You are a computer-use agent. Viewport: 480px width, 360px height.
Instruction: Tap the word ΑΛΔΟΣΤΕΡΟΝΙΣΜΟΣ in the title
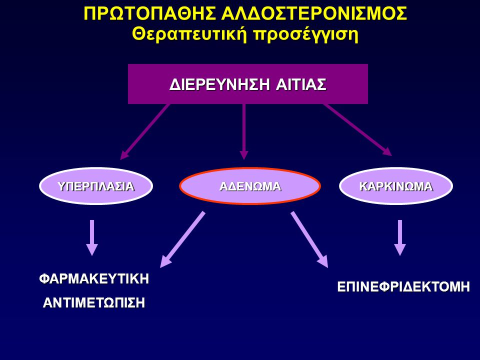[x=314, y=13]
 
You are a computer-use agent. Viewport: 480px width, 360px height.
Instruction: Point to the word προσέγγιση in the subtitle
[x=306, y=35]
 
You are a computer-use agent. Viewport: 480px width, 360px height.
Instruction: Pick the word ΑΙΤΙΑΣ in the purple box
[x=301, y=84]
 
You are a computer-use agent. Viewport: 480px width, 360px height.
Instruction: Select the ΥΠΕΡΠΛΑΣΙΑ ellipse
[x=96, y=186]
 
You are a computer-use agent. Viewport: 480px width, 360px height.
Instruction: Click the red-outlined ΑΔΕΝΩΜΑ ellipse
[x=250, y=186]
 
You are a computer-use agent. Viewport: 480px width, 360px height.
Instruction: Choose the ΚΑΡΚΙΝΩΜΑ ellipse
[x=396, y=186]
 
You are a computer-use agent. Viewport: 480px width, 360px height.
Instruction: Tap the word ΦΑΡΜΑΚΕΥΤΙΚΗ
[x=94, y=279]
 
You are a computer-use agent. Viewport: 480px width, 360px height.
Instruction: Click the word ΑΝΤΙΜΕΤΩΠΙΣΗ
[x=94, y=303]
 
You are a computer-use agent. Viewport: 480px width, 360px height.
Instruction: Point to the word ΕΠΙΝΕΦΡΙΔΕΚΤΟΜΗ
[x=403, y=287]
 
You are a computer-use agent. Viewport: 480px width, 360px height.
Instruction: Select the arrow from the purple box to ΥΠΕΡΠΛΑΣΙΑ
[x=144, y=132]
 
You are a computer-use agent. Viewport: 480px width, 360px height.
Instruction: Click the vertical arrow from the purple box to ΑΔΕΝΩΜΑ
[x=243, y=131]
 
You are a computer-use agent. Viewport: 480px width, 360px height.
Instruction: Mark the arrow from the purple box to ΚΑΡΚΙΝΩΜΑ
[x=358, y=130]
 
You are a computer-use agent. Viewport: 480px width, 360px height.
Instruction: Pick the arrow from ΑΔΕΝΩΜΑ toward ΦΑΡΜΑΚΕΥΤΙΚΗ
[x=182, y=239]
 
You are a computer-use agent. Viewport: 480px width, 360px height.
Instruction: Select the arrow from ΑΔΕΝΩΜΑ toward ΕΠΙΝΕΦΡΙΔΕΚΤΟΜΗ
[x=309, y=239]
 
